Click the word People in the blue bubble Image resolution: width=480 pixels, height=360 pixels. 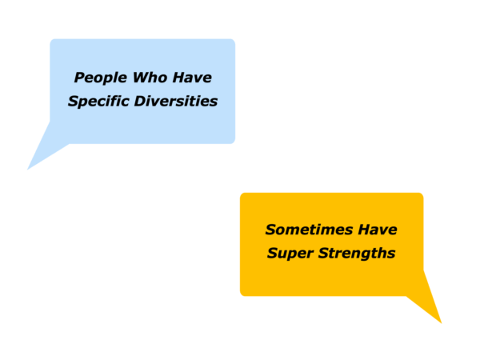click(x=101, y=78)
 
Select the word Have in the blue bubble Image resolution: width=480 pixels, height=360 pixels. click(x=192, y=78)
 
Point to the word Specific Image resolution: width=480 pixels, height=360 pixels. click(x=98, y=102)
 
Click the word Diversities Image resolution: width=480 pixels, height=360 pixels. click(x=176, y=101)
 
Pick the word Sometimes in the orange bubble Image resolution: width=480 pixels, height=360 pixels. click(x=309, y=230)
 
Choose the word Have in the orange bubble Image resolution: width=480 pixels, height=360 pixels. click(x=378, y=230)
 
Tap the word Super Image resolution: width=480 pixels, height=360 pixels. click(x=290, y=254)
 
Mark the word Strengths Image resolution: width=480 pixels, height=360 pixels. click(x=357, y=254)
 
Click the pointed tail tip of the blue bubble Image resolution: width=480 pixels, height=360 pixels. click(x=27, y=170)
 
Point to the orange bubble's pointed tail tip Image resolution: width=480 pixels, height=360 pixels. click(x=442, y=323)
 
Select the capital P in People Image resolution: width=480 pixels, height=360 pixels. click(x=79, y=78)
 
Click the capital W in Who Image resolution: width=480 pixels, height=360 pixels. click(x=141, y=78)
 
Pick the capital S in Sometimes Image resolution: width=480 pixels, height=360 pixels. click(x=271, y=230)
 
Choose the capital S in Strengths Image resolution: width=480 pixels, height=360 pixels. click(x=324, y=254)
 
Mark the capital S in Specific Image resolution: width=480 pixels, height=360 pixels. click(x=74, y=102)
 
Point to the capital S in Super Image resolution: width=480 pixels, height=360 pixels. click(x=273, y=254)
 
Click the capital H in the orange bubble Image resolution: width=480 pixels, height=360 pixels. click(x=365, y=230)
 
